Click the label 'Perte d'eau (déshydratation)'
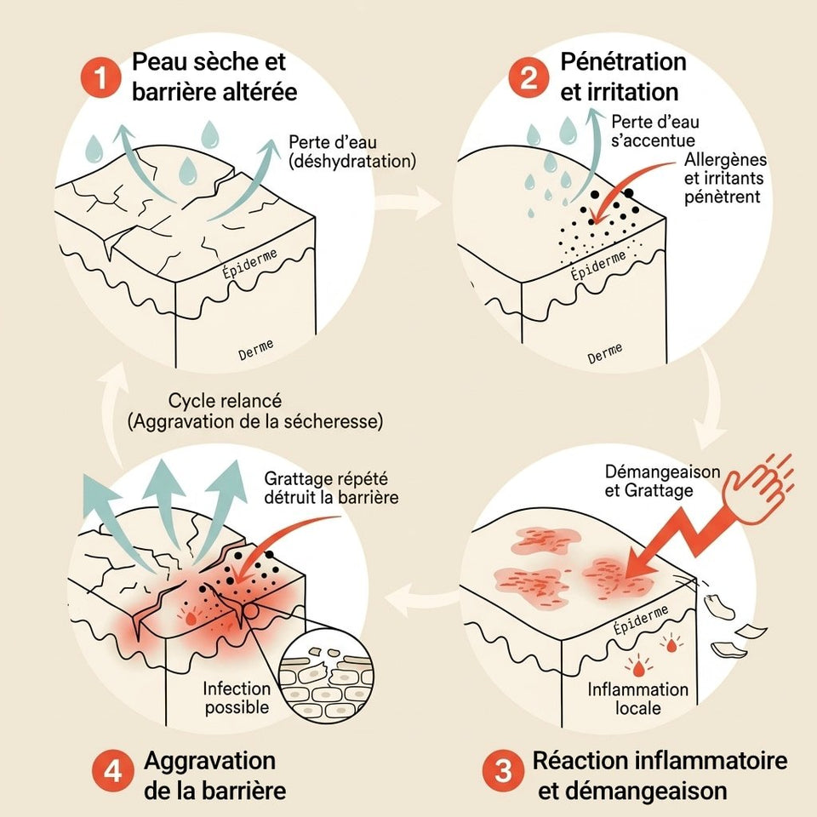point(351,151)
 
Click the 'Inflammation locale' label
point(638,698)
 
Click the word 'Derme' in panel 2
point(605,352)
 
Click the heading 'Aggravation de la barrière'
point(209,774)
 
